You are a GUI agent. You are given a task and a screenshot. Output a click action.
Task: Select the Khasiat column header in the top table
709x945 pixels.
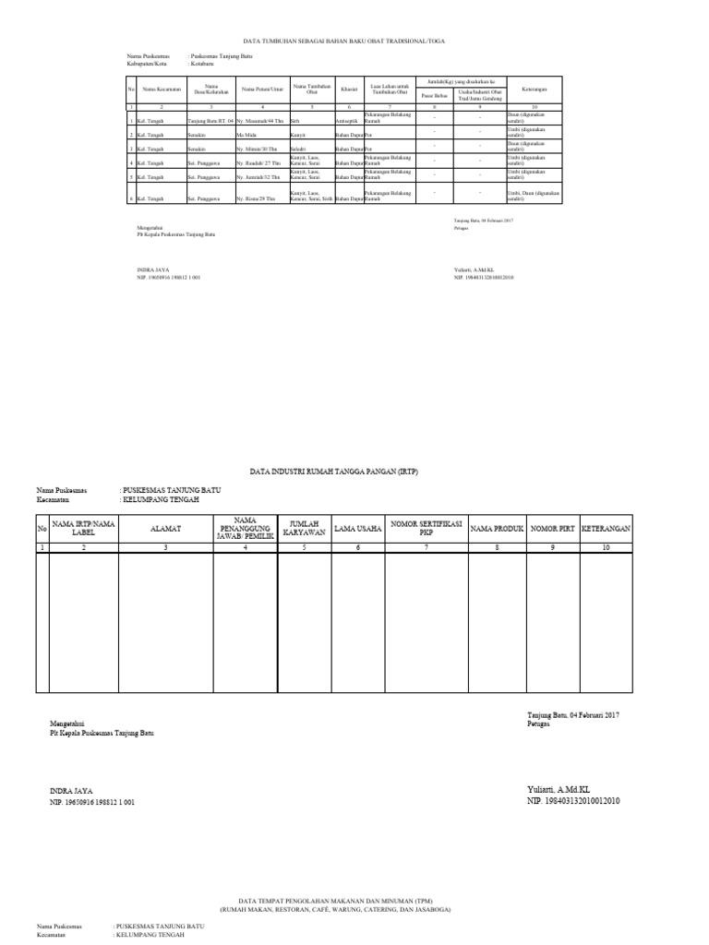(x=349, y=89)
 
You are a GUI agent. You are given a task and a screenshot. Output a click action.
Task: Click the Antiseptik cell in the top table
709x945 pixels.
(x=348, y=121)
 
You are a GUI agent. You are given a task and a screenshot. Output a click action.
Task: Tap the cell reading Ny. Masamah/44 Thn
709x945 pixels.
(x=260, y=121)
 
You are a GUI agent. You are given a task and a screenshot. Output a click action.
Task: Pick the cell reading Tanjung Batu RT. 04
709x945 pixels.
(x=210, y=121)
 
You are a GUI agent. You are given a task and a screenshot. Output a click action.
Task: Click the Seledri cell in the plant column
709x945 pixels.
(x=298, y=149)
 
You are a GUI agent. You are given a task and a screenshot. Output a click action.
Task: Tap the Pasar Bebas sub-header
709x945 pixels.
(x=434, y=95)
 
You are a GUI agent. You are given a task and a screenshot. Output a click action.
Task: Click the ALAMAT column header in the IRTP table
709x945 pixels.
(x=166, y=528)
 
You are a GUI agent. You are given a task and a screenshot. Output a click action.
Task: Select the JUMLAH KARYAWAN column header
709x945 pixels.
(x=304, y=528)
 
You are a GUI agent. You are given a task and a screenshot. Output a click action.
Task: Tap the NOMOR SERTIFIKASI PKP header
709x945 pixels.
(x=426, y=528)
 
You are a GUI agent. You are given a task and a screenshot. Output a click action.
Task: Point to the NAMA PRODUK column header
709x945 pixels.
(x=497, y=528)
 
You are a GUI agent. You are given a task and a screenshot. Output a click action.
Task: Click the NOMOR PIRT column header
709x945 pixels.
(x=554, y=528)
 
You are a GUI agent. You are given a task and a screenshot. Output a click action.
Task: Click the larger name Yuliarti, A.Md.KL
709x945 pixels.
(x=564, y=791)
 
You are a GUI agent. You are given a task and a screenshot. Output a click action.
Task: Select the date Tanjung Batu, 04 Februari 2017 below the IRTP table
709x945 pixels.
(x=571, y=715)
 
